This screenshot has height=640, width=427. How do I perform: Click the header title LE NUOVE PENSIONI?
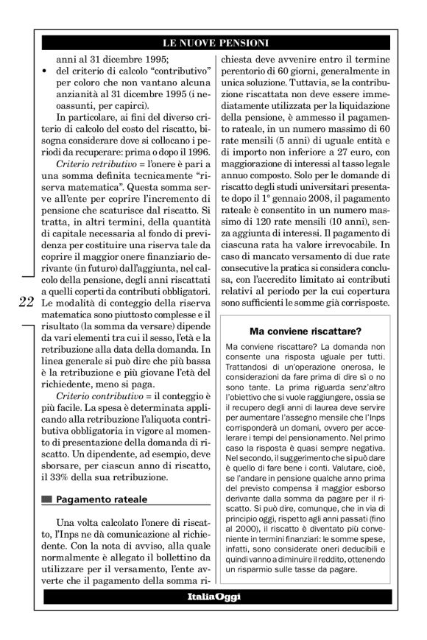pos(214,43)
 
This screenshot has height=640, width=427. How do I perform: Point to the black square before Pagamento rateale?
pos(48,499)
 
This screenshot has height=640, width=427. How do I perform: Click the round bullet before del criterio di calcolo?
pos(46,71)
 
